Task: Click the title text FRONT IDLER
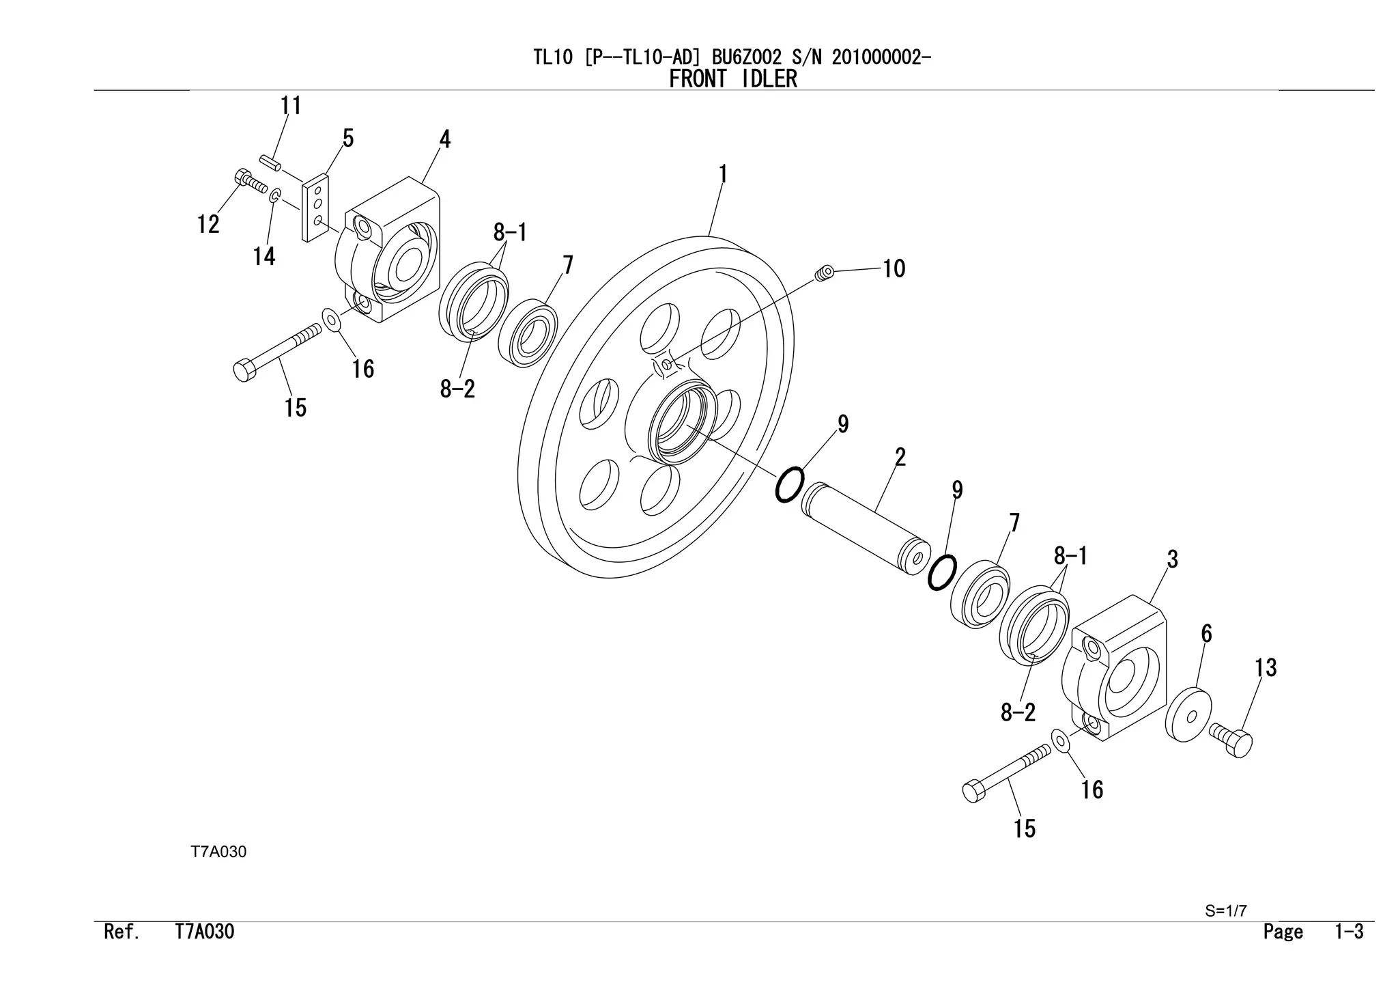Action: [x=732, y=79]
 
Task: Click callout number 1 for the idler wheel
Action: [x=723, y=176]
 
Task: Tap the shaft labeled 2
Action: [x=866, y=529]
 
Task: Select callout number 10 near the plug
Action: [x=894, y=268]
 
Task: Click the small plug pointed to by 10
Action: [x=825, y=273]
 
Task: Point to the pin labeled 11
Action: [x=270, y=165]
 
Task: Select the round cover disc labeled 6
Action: [x=1188, y=715]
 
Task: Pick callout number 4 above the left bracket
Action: [x=444, y=140]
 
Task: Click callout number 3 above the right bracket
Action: [x=1172, y=560]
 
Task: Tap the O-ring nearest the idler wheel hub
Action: [x=789, y=484]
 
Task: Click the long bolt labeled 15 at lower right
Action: [x=1006, y=772]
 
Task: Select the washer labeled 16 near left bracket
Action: [x=332, y=319]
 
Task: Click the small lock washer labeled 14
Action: [x=274, y=197]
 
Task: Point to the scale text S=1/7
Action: [x=1226, y=911]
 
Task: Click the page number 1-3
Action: [x=1349, y=932]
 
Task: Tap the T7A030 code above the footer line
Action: [x=218, y=852]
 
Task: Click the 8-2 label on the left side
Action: [x=457, y=390]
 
